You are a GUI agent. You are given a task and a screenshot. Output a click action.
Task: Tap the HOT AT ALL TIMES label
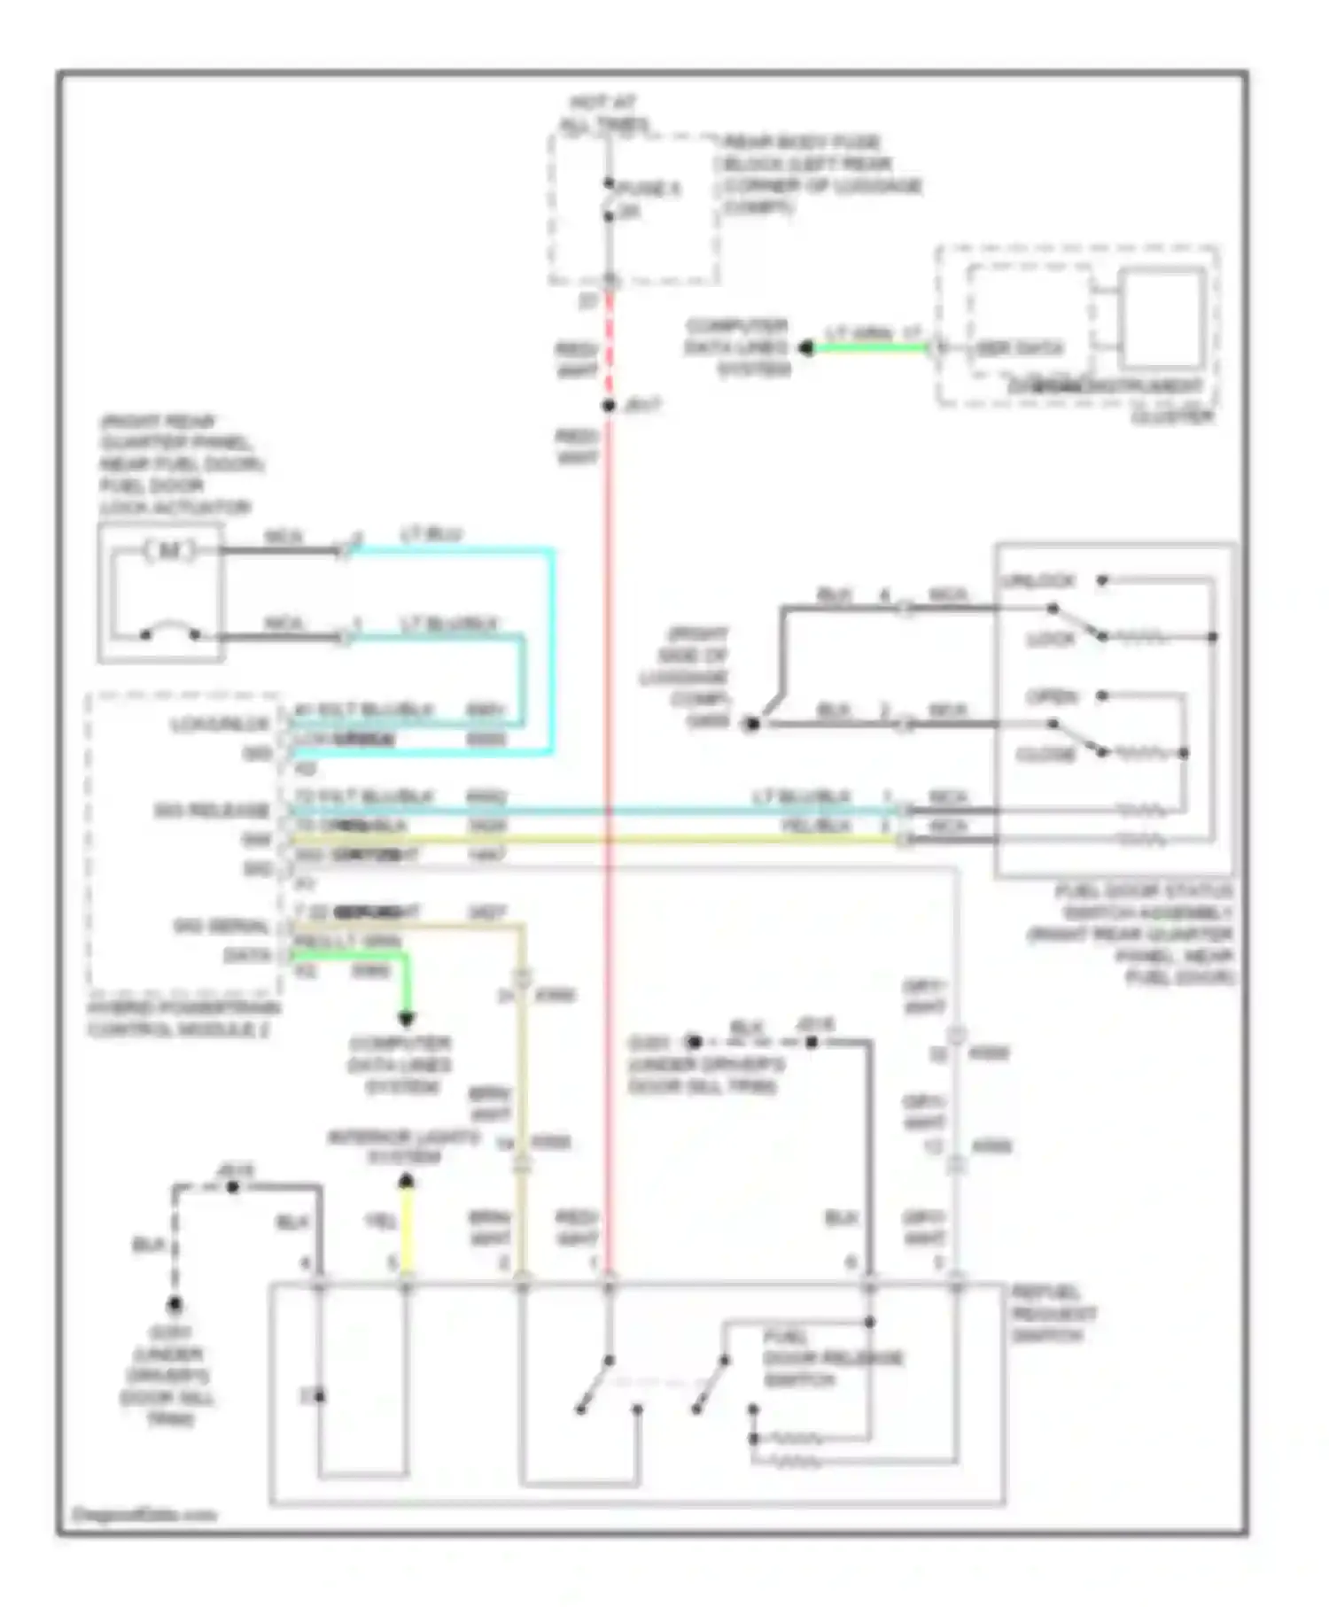tap(604, 114)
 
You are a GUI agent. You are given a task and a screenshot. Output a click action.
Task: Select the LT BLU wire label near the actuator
tap(431, 534)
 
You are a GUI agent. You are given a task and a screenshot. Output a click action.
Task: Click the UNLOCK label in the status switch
tap(1038, 581)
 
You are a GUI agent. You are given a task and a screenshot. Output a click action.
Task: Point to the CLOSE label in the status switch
tap(1045, 754)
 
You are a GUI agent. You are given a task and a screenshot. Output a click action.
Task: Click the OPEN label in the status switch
tap(1052, 696)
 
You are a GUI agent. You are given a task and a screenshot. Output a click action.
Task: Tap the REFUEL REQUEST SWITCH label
tap(1053, 1313)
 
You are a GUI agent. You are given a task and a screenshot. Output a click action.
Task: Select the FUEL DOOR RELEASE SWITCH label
tap(833, 1357)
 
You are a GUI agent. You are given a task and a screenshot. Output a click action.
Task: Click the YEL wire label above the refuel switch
tap(381, 1222)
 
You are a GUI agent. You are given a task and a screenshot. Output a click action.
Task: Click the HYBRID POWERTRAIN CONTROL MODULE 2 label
tap(183, 1019)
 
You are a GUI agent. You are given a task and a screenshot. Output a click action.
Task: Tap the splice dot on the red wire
tap(609, 406)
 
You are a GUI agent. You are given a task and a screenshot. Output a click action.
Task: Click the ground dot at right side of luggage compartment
tap(751, 724)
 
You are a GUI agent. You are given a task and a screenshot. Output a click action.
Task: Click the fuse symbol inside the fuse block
tap(610, 200)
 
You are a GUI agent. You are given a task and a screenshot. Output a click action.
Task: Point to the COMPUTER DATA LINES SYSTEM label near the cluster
tap(737, 347)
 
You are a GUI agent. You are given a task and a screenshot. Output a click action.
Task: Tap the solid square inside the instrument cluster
tap(1162, 319)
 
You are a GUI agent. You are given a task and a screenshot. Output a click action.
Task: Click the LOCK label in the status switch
tap(1050, 639)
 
